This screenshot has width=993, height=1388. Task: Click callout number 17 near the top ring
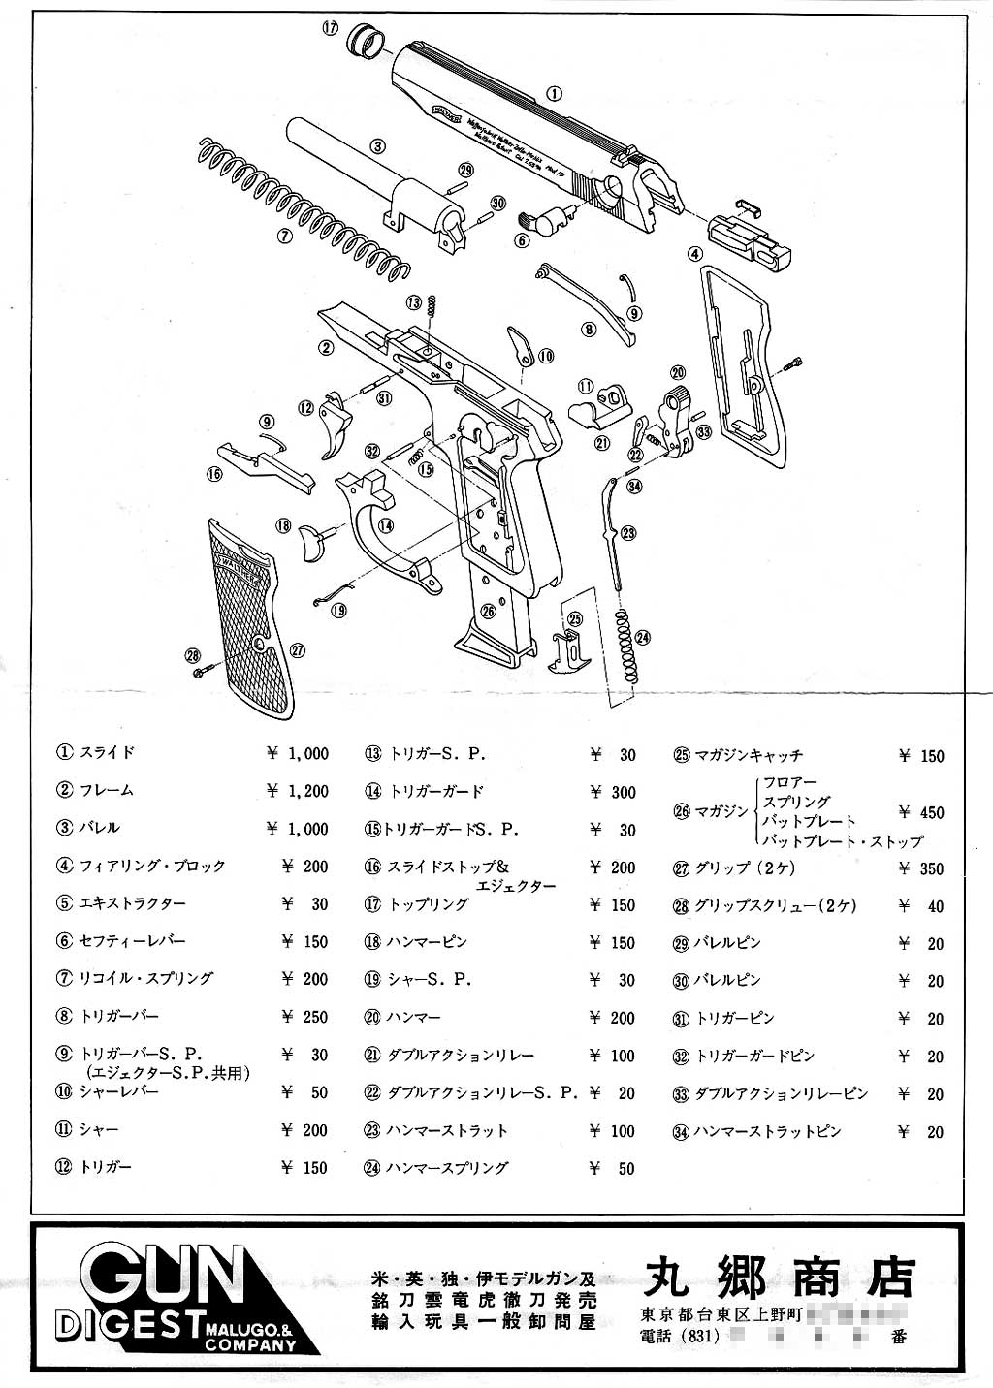[330, 28]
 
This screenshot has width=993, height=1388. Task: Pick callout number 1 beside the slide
[554, 94]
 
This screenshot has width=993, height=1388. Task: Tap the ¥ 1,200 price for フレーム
[299, 791]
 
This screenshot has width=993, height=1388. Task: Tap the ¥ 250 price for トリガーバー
[305, 1017]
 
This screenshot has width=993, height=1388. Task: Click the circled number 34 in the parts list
[681, 1132]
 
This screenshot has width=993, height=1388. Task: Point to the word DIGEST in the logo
[126, 1326]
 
